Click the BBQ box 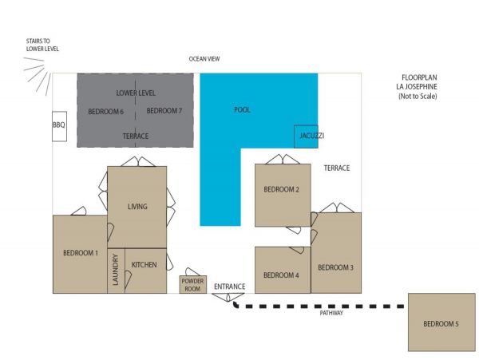pos(59,126)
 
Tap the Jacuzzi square pos(306,136)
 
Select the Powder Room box pos(192,285)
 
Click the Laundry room pos(116,271)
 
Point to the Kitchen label pos(144,265)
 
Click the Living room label pos(137,207)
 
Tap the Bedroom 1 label pos(81,253)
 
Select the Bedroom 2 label pos(281,189)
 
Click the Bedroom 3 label pos(336,267)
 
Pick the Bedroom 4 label pos(281,275)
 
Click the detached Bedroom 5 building pos(441,322)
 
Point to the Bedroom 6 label pos(105,112)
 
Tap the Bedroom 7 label pos(164,110)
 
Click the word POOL pos(242,110)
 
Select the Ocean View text pos(204,59)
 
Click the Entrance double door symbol pos(228,297)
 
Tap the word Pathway pos(331,313)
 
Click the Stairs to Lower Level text pos(42,45)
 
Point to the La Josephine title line pos(417,87)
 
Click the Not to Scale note pos(418,96)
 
